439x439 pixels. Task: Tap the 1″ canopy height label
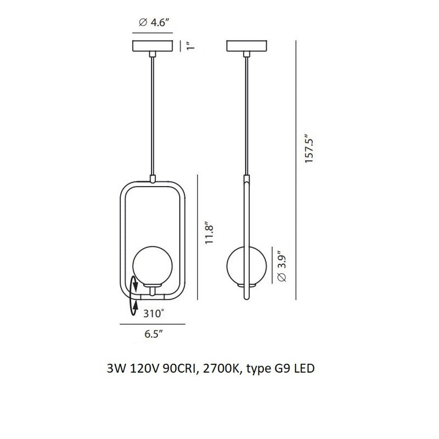tap(190, 47)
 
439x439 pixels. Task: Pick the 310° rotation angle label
tap(153, 314)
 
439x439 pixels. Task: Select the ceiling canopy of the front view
tap(153, 46)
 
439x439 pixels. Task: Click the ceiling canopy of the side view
tap(246, 46)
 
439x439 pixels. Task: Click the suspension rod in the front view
tap(153, 115)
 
